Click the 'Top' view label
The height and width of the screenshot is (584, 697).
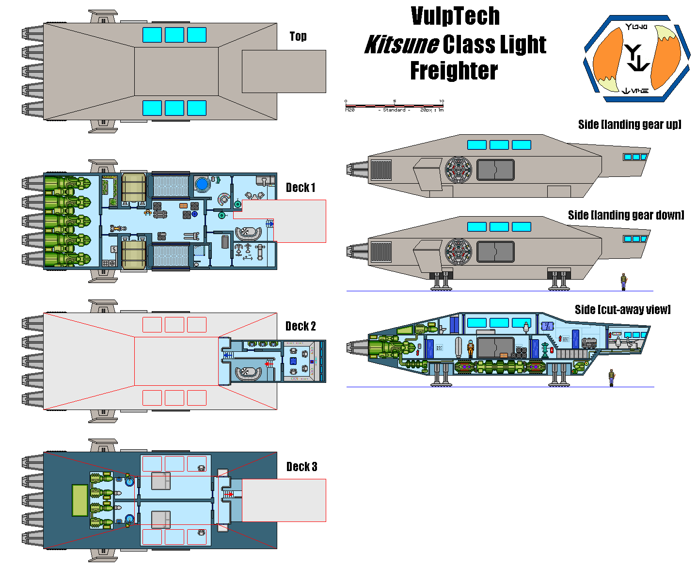298,36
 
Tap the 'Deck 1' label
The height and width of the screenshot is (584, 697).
301,188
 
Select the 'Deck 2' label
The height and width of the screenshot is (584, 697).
301,326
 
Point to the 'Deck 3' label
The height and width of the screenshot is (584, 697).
301,467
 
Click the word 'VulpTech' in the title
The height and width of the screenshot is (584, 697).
455,16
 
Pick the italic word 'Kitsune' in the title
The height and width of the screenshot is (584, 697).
402,45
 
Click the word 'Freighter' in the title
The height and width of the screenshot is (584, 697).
454,71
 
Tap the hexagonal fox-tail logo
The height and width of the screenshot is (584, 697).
636,59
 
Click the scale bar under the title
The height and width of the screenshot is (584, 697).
394,106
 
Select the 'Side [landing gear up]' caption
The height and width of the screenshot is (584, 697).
630,125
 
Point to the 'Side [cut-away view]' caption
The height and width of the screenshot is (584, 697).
622,310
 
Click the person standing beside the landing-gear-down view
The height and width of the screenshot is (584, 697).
623,282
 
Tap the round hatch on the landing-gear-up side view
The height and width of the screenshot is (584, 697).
459,170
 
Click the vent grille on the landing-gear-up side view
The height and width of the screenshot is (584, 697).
380,170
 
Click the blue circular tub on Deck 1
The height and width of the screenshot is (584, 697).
202,184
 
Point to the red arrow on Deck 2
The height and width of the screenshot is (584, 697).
268,363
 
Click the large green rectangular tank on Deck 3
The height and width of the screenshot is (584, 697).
79,500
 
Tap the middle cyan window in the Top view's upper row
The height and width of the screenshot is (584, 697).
174,35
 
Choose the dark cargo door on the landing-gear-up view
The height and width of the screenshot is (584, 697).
495,170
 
